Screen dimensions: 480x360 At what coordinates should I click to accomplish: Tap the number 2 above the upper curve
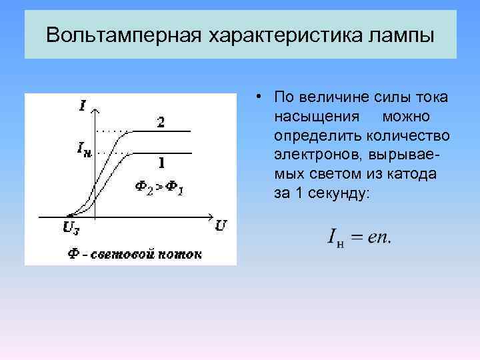tap(161, 122)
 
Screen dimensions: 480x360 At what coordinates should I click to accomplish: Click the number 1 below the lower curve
tap(161, 162)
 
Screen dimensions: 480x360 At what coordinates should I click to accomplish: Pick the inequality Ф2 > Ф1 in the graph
tap(160, 187)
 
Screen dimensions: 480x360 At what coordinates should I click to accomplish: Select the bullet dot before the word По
tap(257, 97)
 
